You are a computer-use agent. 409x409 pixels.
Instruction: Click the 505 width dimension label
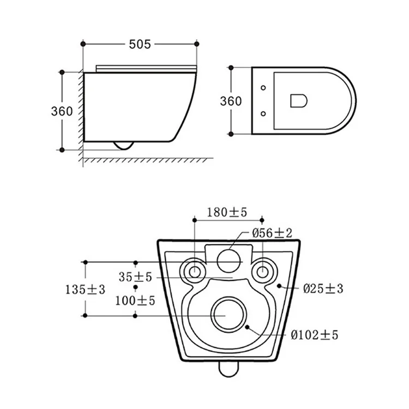coord(140,44)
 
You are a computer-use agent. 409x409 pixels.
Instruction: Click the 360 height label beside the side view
coord(62,111)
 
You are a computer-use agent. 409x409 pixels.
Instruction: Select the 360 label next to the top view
coord(231,101)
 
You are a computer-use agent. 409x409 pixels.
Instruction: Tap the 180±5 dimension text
coord(227,212)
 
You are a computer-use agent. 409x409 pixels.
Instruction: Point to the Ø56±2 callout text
coord(272,233)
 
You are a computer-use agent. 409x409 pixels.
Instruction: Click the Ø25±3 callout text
coord(323,288)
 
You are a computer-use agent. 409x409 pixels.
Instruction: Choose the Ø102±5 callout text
coord(314,335)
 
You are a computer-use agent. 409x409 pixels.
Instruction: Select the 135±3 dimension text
coord(85,290)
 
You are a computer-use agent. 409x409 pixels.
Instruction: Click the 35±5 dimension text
coord(135,277)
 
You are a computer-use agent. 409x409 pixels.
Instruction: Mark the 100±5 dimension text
coord(135,300)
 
